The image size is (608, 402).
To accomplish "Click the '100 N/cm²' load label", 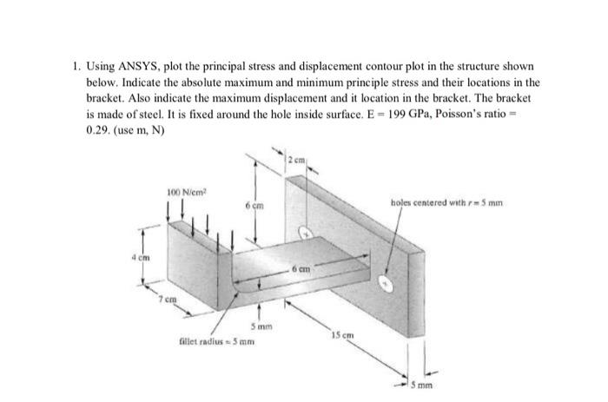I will coord(182,191).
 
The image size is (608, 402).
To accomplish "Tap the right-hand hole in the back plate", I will coord(393,282).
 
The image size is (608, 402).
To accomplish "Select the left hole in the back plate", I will coord(305,232).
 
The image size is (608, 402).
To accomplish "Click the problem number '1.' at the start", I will coord(76,66).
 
